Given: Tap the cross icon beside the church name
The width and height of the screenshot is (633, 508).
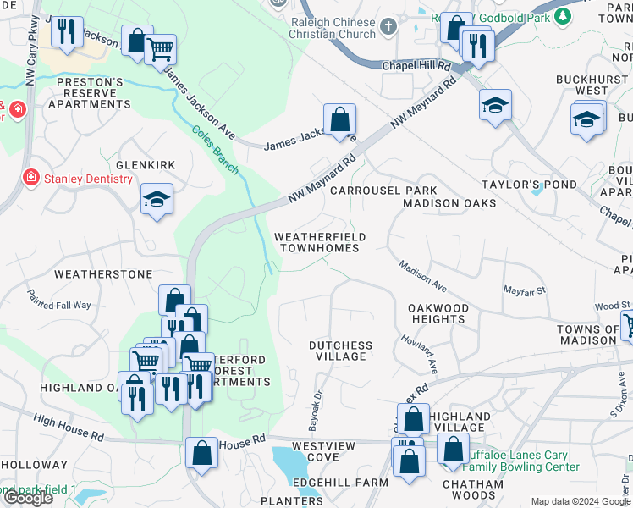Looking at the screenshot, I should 388,27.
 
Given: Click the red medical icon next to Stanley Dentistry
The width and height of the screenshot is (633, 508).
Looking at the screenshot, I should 30,179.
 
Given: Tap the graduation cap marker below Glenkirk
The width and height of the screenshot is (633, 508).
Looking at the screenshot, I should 157,200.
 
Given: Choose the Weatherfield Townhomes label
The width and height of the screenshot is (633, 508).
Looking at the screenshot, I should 320,242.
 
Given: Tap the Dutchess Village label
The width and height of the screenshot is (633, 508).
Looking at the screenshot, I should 340,351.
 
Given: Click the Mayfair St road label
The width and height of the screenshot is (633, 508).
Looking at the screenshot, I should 526,290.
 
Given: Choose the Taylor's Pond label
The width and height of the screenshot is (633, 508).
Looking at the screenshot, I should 529,184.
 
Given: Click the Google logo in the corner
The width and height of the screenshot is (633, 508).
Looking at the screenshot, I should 28,498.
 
